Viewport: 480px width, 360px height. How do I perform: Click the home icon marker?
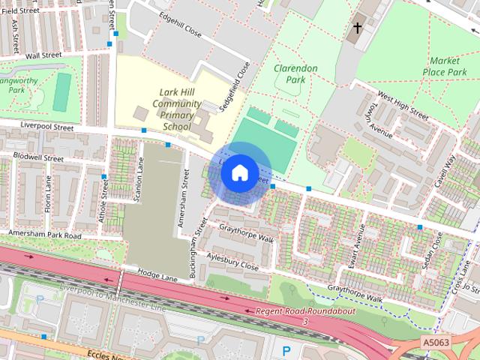coord(239,172)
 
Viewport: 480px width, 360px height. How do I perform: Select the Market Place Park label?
coord(448,66)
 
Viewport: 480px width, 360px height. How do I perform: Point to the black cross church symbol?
coord(358,29)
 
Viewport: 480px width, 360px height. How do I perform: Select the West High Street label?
coord(403,107)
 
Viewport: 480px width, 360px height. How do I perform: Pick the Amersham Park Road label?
coord(44,235)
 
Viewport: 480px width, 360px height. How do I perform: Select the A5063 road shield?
coord(436,342)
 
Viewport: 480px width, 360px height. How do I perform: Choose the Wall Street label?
coord(43,55)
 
